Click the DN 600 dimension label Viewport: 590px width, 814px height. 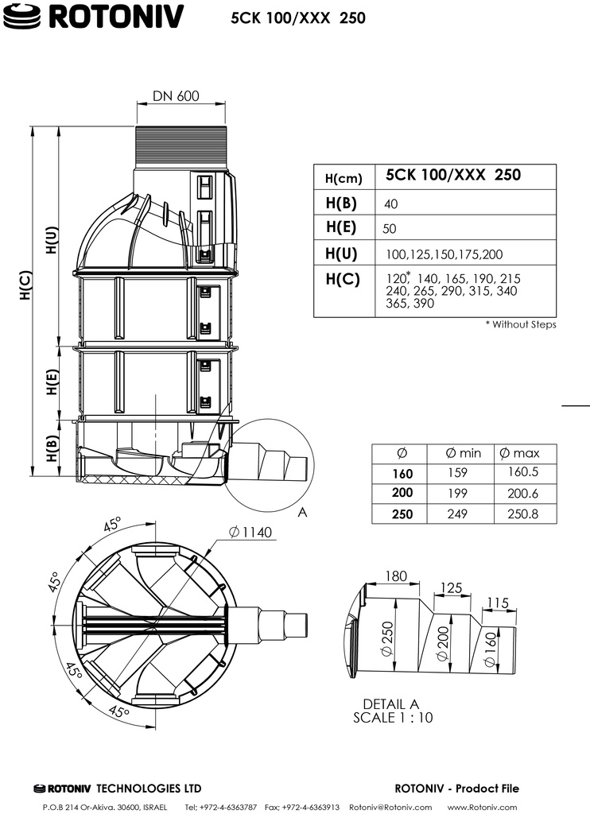[x=176, y=96]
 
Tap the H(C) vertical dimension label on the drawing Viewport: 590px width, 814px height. [x=25, y=284]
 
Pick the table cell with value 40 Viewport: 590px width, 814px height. [x=390, y=203]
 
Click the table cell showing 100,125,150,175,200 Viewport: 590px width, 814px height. [x=433, y=254]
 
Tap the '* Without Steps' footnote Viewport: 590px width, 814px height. [x=520, y=324]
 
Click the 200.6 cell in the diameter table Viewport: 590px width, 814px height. [x=522, y=493]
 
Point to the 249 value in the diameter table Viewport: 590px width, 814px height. [x=457, y=514]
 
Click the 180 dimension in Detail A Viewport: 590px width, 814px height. [x=395, y=576]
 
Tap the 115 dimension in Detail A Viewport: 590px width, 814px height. [x=496, y=603]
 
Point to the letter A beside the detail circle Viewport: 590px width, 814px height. [x=301, y=513]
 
